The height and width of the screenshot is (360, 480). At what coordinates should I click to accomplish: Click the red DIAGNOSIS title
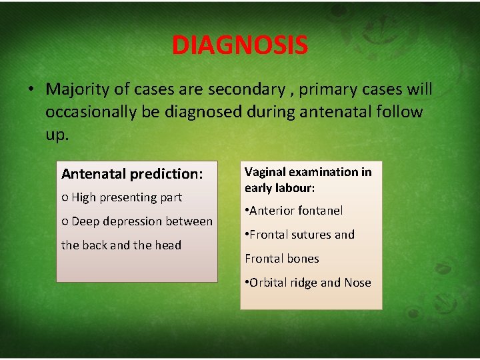pos(239,45)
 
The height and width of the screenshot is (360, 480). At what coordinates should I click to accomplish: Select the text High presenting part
pos(127,197)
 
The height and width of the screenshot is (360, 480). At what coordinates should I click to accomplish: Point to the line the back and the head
pos(121,245)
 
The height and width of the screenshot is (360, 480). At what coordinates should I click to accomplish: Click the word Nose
pos(357,283)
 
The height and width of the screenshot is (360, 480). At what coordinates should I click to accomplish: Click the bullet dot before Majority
pos(31,90)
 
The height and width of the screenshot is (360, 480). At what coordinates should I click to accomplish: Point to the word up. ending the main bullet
pos(57,134)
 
